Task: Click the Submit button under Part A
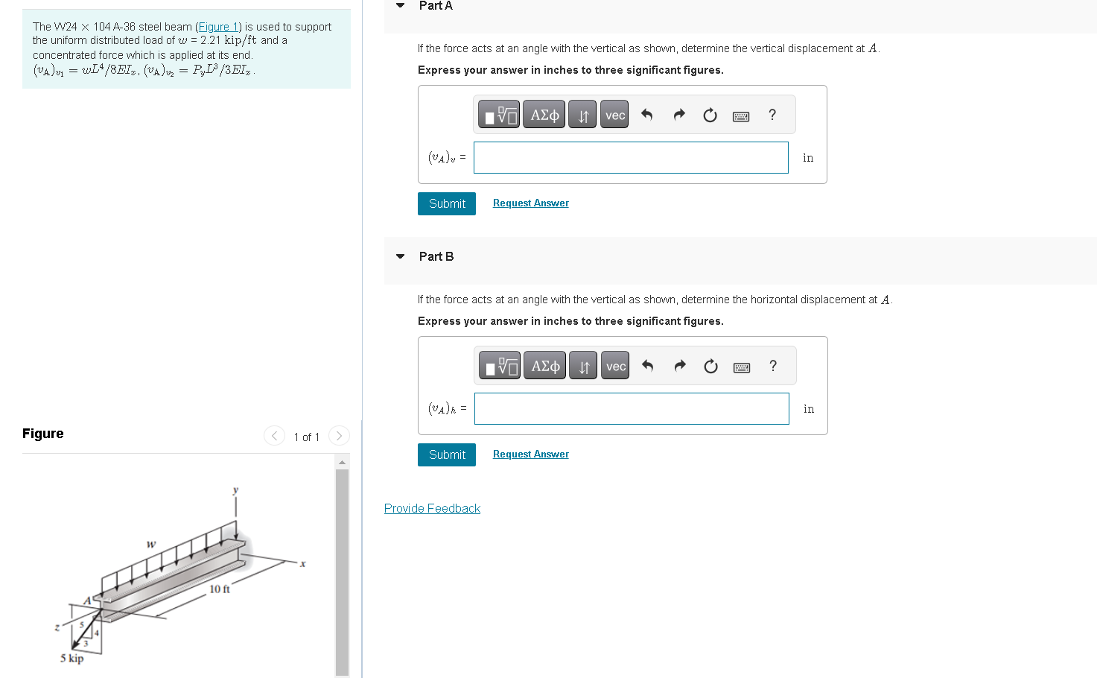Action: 447,203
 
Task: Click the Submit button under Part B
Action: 447,454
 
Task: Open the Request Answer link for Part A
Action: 530,203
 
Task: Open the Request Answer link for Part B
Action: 530,454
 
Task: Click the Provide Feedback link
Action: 432,508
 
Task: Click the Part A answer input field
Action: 631,157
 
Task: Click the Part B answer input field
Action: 632,408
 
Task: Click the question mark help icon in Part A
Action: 772,115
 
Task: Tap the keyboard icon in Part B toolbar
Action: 742,367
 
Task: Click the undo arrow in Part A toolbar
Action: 646,115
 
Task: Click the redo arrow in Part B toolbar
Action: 679,366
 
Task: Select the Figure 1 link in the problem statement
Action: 218,27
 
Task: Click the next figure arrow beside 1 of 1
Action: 339,436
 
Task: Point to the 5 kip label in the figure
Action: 71,658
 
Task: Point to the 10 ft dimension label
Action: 220,589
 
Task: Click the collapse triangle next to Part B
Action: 401,256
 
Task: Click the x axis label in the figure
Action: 302,564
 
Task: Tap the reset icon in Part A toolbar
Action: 710,115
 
